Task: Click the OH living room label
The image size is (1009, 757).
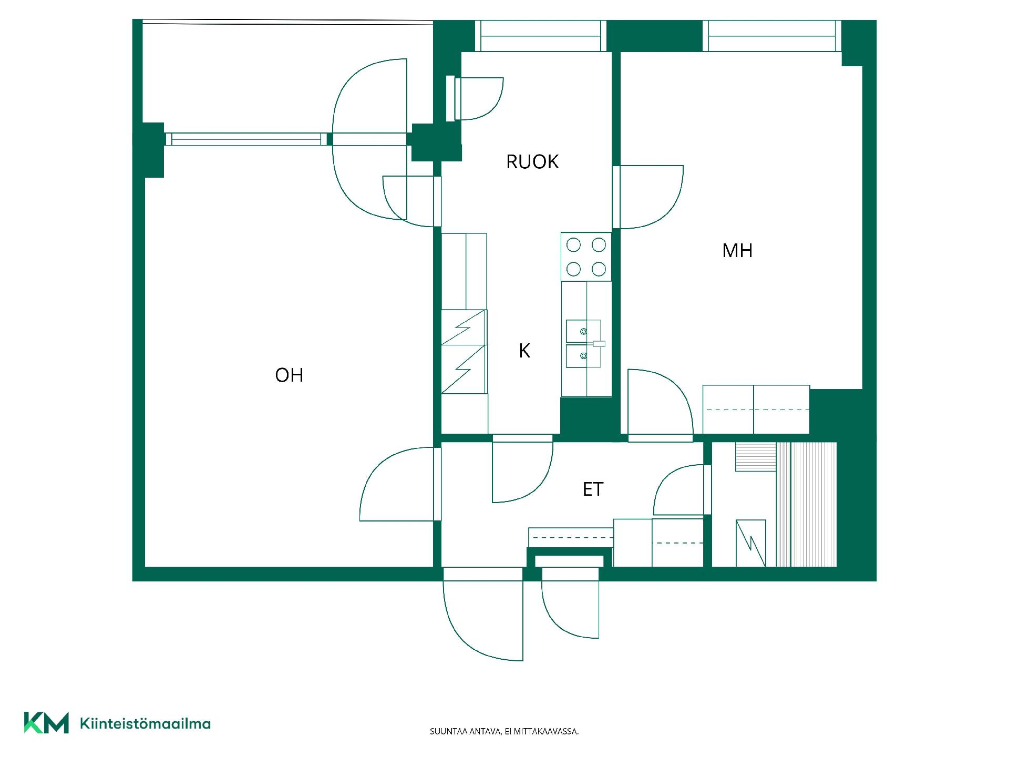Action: (x=289, y=375)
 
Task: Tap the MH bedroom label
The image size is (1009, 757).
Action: (x=737, y=250)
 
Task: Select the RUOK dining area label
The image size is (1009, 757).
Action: (x=532, y=161)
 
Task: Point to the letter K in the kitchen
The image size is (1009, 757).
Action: (x=524, y=351)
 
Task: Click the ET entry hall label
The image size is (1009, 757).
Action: (x=593, y=489)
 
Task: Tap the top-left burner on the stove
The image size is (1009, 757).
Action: (x=573, y=244)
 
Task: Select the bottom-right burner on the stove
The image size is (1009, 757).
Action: (x=599, y=270)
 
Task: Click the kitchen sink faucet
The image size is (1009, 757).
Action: (x=599, y=344)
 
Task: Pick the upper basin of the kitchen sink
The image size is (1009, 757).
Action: (x=583, y=331)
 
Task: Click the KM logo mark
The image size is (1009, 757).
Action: (x=46, y=723)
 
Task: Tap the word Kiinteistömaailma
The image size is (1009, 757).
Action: (x=145, y=724)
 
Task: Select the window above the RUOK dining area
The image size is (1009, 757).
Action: (x=541, y=36)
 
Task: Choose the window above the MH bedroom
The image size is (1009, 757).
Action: (x=772, y=36)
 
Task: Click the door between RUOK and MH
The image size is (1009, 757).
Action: (x=647, y=197)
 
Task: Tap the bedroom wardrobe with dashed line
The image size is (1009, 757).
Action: (x=756, y=410)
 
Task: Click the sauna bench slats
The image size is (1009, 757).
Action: (x=806, y=505)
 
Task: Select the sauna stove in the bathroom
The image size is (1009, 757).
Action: (x=751, y=544)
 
